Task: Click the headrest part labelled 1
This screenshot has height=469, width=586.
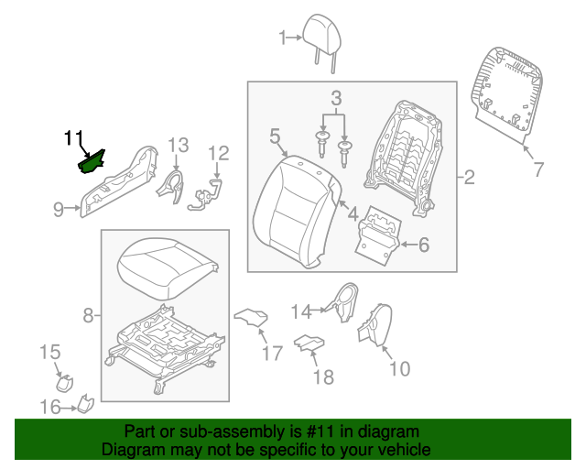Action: [323, 33]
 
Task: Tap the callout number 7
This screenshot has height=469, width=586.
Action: [538, 169]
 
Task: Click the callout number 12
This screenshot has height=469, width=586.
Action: [218, 153]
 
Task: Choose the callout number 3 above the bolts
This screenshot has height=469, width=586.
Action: [336, 97]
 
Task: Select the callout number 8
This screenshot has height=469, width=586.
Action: [89, 316]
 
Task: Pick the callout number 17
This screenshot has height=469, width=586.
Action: [272, 353]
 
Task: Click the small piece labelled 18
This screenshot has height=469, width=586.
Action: [309, 344]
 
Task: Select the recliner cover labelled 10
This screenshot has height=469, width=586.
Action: [372, 327]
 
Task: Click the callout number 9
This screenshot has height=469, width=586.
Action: [59, 210]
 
